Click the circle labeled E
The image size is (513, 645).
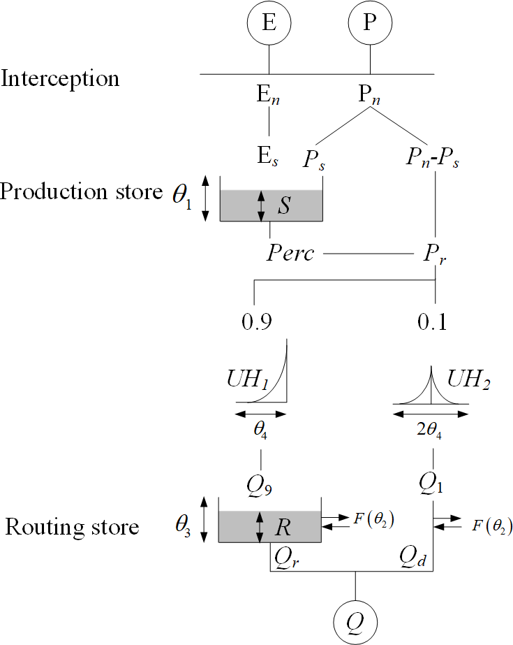268,23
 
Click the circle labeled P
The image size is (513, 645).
370,23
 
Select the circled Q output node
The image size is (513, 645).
356,620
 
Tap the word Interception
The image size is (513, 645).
60,78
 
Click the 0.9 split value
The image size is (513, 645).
255,322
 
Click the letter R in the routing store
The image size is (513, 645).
283,528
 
